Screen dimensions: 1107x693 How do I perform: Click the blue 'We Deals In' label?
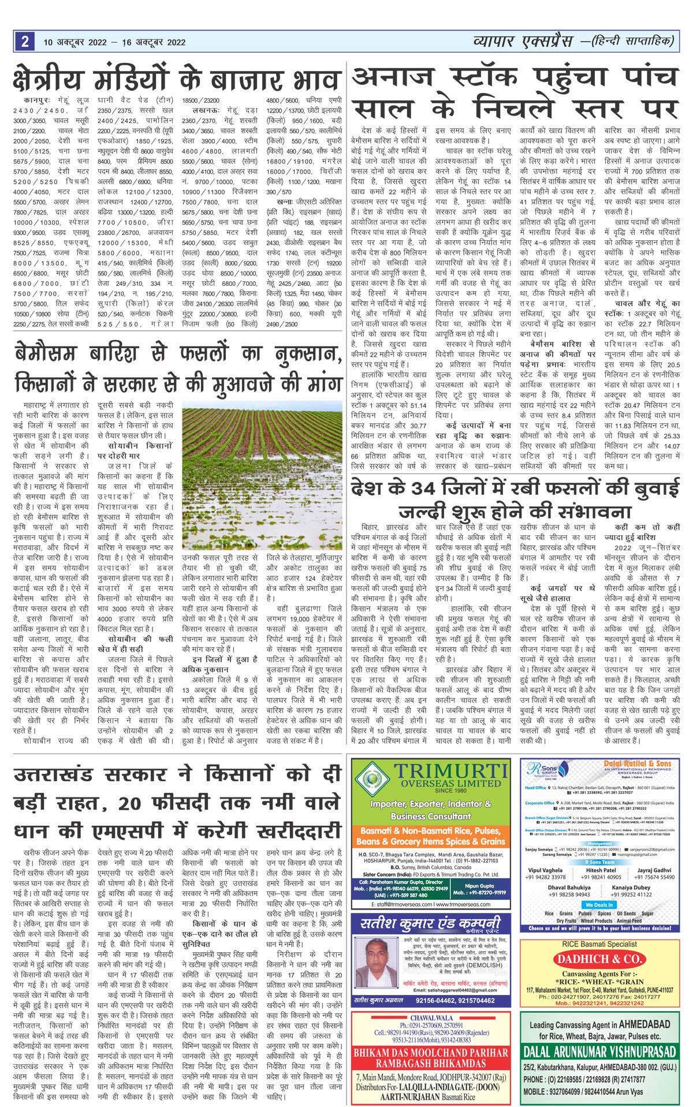(599, 904)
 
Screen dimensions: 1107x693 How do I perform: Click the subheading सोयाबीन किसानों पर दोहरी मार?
(135, 450)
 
